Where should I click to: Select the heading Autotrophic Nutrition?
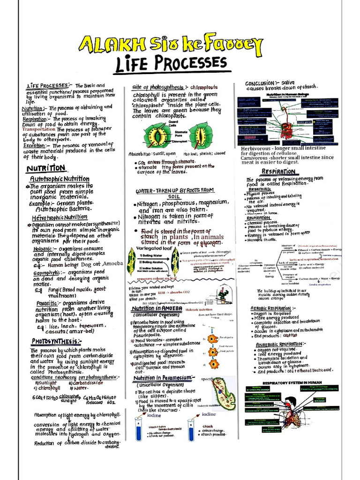(x=60, y=179)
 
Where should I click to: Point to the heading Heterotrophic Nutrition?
(x=60, y=217)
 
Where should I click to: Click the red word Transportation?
(x=38, y=129)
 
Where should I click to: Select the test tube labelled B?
(x=191, y=429)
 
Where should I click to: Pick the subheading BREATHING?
(x=260, y=189)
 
